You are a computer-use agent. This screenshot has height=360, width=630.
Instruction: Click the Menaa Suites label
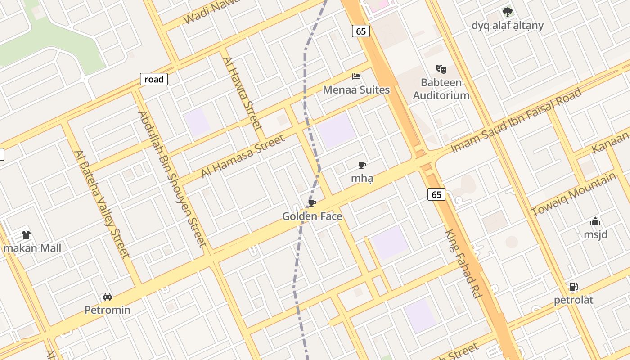pos(356,90)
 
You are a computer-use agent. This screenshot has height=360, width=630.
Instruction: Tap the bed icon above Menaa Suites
pos(356,76)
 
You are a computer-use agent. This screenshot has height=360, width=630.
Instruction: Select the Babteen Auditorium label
pos(441,89)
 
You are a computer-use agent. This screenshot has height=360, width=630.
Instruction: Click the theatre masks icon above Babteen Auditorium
pos(441,69)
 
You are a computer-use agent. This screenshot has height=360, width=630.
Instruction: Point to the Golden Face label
pos(312,216)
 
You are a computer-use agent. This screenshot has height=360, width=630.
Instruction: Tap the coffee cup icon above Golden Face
pos(312,203)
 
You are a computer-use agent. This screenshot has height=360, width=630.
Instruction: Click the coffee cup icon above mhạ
pos(362,166)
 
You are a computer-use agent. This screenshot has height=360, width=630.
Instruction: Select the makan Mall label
pos(32,248)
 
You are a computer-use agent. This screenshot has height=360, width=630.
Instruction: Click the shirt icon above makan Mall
pos(26,234)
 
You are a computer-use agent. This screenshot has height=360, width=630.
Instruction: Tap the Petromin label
pos(108,310)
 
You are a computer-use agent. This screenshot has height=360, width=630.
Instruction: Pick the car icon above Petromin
pos(108,297)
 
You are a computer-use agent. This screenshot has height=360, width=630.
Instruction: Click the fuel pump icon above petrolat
pos(573,287)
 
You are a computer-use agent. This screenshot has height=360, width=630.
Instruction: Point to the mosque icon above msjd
pos(595,221)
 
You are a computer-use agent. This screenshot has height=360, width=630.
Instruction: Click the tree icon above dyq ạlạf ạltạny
pos(508,12)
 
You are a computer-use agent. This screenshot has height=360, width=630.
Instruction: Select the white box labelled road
pos(154,80)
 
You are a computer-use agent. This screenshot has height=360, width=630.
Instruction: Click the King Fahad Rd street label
pos(463,264)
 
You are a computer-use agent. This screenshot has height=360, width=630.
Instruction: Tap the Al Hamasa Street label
pos(243,155)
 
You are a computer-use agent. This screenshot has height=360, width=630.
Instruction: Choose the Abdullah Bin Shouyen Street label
pos(172,179)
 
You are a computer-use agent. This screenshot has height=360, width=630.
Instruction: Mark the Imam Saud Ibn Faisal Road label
pos(516,120)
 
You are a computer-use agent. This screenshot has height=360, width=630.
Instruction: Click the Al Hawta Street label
pos(242,93)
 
